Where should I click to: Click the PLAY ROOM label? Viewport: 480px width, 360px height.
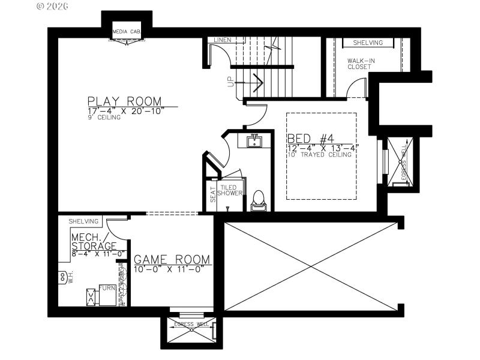(x=124, y=101)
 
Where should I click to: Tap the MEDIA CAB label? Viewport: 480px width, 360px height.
(x=126, y=31)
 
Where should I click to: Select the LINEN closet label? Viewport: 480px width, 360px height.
(x=222, y=40)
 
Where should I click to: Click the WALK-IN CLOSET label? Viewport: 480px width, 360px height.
(x=359, y=64)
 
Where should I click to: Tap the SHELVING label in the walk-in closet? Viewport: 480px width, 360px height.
(x=368, y=43)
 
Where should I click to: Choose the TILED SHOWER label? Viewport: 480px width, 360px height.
(x=230, y=190)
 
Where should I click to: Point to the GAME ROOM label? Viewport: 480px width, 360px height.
(x=172, y=260)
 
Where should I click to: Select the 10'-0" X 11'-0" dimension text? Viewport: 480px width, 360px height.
(x=169, y=268)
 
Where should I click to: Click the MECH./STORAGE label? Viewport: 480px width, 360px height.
(x=94, y=242)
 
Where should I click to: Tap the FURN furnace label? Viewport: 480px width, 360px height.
(x=107, y=289)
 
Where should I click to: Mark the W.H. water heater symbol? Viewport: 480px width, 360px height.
(x=62, y=278)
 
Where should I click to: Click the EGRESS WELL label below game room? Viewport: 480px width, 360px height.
(x=191, y=325)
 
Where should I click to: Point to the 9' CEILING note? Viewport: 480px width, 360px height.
(x=104, y=118)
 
